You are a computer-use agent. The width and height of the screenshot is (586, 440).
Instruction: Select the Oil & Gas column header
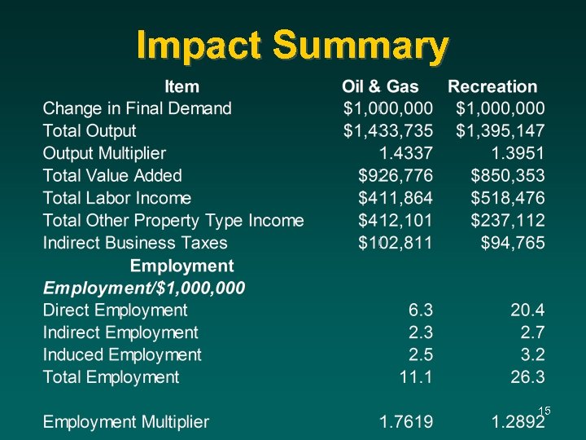tap(380, 86)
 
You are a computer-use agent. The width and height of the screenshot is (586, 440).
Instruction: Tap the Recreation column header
tap(492, 86)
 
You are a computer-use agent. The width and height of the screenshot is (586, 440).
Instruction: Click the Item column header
tap(181, 86)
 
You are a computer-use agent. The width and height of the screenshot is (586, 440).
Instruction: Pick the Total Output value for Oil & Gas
tap(388, 130)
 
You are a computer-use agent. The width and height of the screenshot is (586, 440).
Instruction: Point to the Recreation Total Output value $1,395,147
tap(501, 130)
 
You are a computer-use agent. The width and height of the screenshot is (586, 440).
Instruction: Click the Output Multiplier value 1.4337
tap(405, 153)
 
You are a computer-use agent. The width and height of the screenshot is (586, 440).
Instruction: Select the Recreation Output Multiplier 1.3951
tap(518, 153)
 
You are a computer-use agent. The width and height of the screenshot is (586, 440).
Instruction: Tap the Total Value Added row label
tap(112, 175)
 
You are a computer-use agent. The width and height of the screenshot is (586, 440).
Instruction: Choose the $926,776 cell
tap(396, 175)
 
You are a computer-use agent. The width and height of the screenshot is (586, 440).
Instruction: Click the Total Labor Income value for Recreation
tap(508, 198)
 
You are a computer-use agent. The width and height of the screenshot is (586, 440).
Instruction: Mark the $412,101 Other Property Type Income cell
tap(396, 220)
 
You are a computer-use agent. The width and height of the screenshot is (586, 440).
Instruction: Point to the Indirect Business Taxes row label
tap(135, 243)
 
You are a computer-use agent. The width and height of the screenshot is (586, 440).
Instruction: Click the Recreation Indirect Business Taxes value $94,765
tap(513, 243)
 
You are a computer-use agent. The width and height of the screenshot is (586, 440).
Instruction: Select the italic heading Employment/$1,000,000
tap(144, 288)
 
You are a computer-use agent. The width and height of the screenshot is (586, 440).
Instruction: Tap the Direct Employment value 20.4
tap(527, 310)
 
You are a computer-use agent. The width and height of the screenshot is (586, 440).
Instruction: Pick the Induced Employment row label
tap(122, 354)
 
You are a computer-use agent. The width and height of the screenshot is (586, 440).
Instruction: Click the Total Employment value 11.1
tap(416, 376)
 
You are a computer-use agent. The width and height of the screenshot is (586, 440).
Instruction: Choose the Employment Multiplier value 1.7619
tap(405, 422)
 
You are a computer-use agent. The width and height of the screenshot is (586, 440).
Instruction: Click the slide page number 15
tap(544, 411)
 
